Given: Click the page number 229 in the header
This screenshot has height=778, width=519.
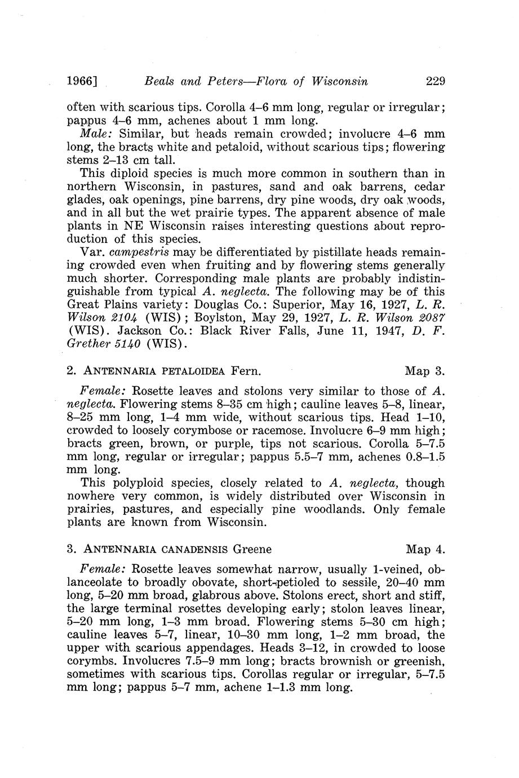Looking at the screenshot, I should coord(435,81).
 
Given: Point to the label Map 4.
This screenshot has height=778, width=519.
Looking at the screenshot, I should coord(425,549).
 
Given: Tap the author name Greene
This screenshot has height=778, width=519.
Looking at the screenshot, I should coord(252,549).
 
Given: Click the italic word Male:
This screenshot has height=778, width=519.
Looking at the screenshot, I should coord(98,134).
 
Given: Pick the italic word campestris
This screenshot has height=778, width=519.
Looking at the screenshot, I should coord(138,252).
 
